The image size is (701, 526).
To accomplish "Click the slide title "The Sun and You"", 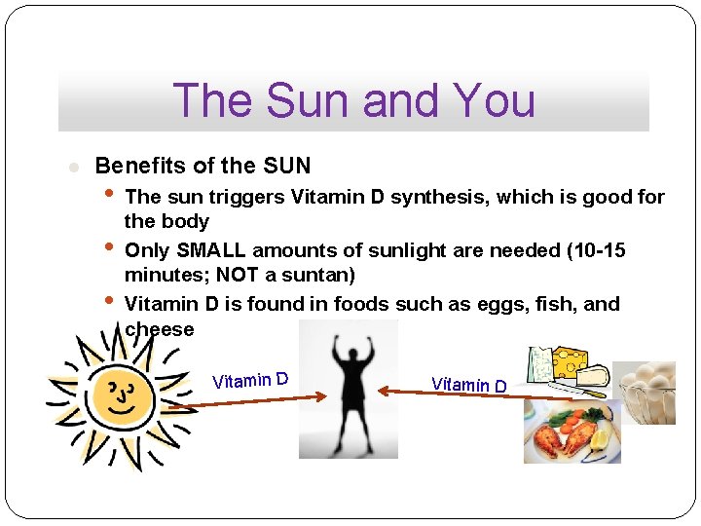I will pyautogui.click(x=353, y=100).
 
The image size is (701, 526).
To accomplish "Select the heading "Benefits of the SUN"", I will pyautogui.click(x=203, y=166).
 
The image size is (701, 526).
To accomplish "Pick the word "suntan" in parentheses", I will pyautogui.click(x=318, y=275).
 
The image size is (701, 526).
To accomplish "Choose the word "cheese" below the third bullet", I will pyautogui.click(x=160, y=329).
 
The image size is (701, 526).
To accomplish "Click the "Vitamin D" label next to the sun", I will pyautogui.click(x=250, y=379).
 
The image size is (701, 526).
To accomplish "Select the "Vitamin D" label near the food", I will pyautogui.click(x=469, y=385).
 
